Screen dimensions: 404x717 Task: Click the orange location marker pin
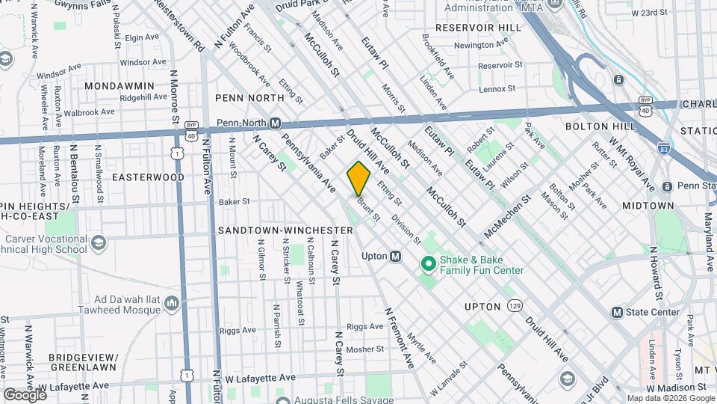358,178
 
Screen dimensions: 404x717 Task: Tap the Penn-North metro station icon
275,123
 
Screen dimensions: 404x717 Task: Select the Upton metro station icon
396,256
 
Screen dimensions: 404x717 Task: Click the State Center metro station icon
617,312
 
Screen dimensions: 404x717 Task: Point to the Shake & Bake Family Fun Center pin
429,263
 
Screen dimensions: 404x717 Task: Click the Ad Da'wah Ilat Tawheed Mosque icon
172,302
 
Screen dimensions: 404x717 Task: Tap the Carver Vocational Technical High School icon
98,242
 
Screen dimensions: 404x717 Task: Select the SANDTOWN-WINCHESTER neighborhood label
285,230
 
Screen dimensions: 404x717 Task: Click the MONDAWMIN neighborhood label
119,86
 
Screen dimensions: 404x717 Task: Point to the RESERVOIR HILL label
478,28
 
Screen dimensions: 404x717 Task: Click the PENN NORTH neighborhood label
249,98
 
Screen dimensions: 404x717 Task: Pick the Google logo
25,394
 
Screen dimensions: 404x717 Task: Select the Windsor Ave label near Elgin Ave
135,61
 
